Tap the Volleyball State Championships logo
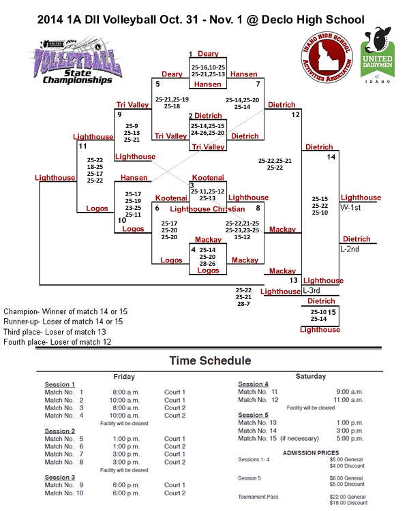click(74, 62)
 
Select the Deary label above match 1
click(208, 54)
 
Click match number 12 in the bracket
click(296, 115)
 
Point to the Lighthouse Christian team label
click(207, 208)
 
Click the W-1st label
click(351, 207)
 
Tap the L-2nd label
click(350, 249)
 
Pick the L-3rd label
click(312, 290)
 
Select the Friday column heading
click(124, 376)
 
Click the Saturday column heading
click(310, 376)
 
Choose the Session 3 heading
click(60, 478)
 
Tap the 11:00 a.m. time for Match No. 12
click(348, 400)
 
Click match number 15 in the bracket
click(332, 313)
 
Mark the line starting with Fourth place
click(57, 342)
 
